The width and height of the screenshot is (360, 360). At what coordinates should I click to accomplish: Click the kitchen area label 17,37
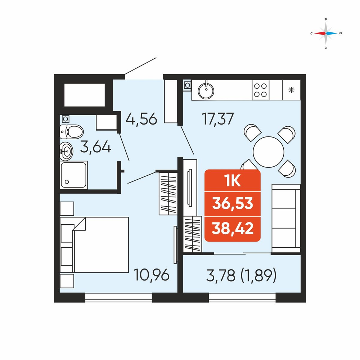pyautogui.click(x=218, y=119)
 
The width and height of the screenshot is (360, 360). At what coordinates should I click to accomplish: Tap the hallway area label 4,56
pyautogui.click(x=141, y=119)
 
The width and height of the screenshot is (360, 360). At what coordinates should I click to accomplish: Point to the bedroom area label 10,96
pyautogui.click(x=152, y=275)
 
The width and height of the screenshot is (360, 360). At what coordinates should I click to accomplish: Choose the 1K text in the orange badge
pyautogui.click(x=233, y=181)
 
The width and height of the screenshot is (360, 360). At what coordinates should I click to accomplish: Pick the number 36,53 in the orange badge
pyautogui.click(x=233, y=203)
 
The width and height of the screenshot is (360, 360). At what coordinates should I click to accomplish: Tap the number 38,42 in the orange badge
pyautogui.click(x=233, y=228)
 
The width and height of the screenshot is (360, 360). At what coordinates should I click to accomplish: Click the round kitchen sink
pyautogui.click(x=206, y=91)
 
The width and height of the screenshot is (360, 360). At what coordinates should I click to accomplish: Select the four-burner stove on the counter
pyautogui.click(x=261, y=90)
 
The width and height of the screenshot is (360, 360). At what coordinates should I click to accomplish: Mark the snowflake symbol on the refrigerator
pyautogui.click(x=291, y=90)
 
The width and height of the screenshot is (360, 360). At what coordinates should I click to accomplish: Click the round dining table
pyautogui.click(x=269, y=152)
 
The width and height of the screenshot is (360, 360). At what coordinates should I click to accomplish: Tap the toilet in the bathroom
pyautogui.click(x=71, y=132)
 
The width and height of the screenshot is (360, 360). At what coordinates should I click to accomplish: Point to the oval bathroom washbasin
pyautogui.click(x=66, y=151)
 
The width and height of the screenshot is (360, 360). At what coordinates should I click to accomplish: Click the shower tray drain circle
pyautogui.click(x=67, y=182)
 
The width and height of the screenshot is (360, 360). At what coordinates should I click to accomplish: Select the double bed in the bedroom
pyautogui.click(x=95, y=245)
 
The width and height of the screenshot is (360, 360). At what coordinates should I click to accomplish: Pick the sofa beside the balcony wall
pyautogui.click(x=286, y=219)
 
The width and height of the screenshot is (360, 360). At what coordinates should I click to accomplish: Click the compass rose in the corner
pyautogui.click(x=326, y=33)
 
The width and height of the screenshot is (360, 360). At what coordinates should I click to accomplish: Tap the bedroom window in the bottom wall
pyautogui.click(x=118, y=297)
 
